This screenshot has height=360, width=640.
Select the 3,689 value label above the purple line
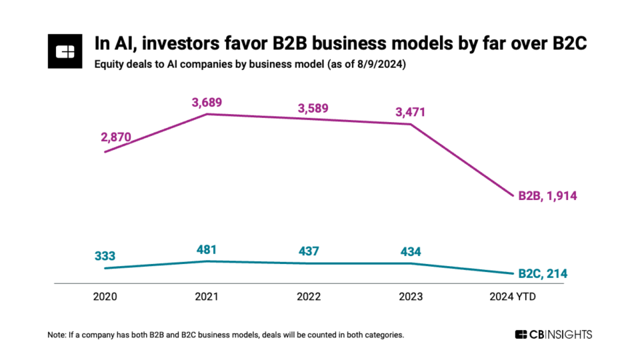[x=207, y=101]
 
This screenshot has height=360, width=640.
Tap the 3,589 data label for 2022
[x=313, y=108]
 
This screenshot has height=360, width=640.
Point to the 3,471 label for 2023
[x=410, y=112]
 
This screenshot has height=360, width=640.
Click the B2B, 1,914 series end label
[x=547, y=196]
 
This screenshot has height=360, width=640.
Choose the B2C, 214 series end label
[x=542, y=273]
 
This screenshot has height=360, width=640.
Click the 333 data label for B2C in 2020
[x=105, y=256]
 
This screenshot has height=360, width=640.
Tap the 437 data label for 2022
[x=313, y=252]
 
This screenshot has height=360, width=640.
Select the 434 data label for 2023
[x=410, y=252]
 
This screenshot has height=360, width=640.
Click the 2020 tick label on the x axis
[x=105, y=297]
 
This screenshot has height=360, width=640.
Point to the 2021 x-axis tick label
[x=207, y=297]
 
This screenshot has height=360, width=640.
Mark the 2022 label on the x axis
[x=310, y=297]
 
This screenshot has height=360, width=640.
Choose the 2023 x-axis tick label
[x=412, y=297]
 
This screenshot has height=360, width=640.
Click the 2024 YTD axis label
[x=513, y=297]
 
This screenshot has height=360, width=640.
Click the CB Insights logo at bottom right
[x=553, y=335]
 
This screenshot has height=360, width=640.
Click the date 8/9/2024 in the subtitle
[x=378, y=65]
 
